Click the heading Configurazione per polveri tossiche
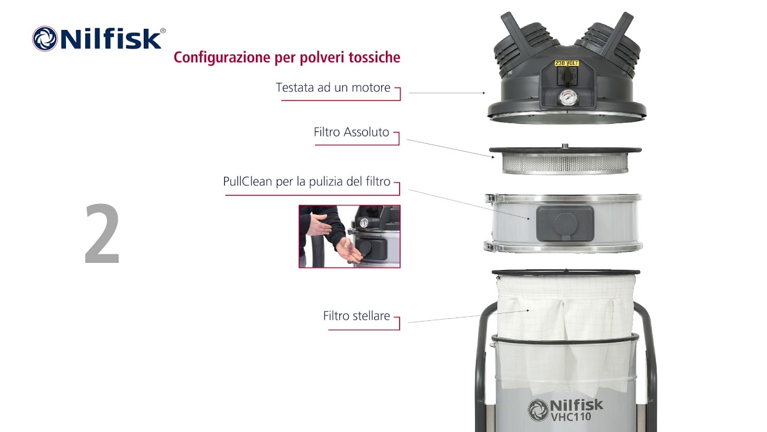point(286,58)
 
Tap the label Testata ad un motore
point(333,88)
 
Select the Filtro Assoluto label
point(351,132)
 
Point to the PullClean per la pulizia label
point(306,181)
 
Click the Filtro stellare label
point(356,316)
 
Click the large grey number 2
point(102,235)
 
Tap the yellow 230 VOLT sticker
point(566,63)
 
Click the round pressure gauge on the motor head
point(566,98)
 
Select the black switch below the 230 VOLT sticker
point(566,76)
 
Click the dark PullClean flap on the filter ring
point(564,223)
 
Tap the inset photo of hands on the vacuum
point(349,236)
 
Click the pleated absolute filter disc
point(564,162)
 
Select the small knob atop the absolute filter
point(564,145)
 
